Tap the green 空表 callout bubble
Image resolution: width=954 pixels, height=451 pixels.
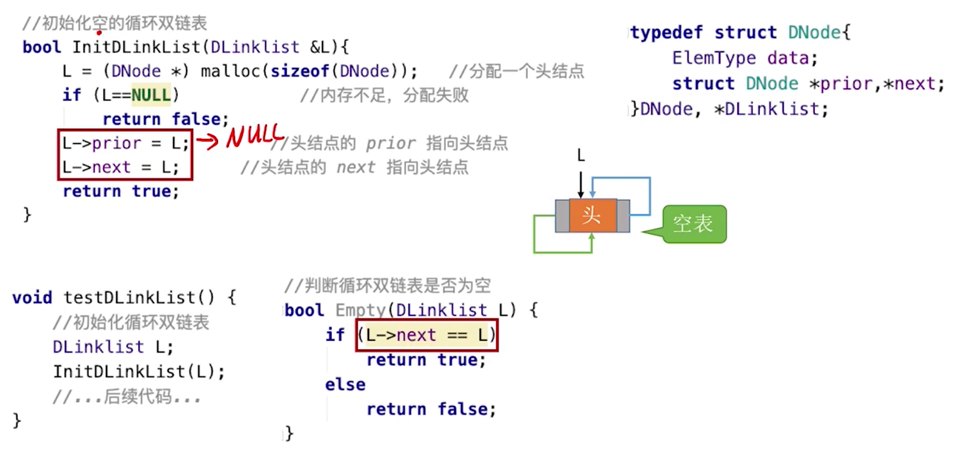[693, 224]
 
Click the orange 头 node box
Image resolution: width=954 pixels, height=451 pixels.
[593, 216]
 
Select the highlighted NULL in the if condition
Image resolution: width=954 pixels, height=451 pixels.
[150, 95]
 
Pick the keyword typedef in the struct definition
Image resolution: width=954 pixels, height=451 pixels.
[667, 33]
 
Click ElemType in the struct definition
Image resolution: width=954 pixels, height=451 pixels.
[714, 58]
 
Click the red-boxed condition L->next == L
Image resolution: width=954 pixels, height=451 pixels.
[427, 336]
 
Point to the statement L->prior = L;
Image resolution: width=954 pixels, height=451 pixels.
[125, 144]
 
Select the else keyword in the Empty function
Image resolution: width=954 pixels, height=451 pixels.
[345, 385]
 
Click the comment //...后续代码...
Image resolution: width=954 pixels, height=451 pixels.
[129, 397]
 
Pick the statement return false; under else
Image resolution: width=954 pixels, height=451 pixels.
[431, 410]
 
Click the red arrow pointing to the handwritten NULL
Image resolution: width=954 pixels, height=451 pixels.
[207, 142]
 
